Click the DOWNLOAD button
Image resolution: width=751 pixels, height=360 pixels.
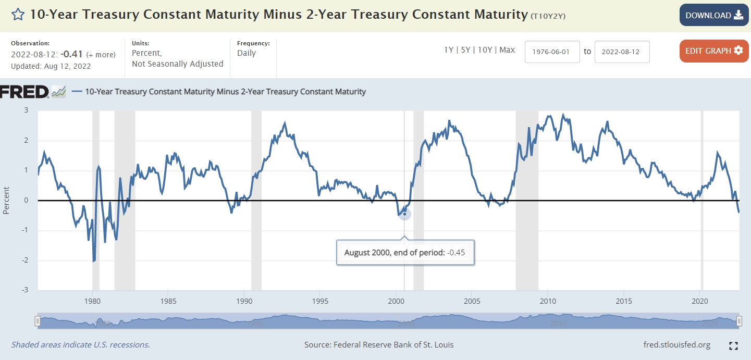714,15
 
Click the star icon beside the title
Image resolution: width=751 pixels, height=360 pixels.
18,15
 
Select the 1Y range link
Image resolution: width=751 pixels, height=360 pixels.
449,50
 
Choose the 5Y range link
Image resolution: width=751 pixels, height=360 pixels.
465,50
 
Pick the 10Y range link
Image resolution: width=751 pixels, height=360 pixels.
485,50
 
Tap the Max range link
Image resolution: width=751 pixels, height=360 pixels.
507,50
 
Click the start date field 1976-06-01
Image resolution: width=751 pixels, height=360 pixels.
552,52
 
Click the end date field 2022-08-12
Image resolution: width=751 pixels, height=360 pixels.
622,52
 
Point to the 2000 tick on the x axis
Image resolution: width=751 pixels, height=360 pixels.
396,301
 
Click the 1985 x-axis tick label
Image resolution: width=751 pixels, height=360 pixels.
168,301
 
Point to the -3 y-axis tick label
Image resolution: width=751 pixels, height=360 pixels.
25,290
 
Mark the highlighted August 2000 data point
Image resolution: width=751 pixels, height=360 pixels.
404,214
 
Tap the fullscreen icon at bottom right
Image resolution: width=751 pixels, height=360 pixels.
733,345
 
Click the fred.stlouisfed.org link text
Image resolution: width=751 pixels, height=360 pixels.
677,345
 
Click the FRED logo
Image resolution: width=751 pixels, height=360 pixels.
24,92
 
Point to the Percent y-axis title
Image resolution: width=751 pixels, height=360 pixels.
6,201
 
